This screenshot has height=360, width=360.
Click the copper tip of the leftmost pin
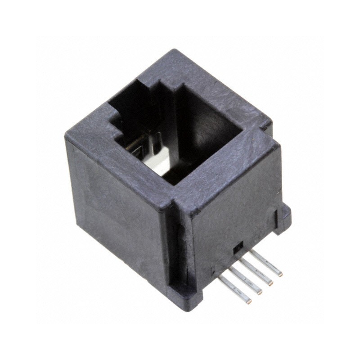249,301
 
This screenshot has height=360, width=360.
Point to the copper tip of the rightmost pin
280,274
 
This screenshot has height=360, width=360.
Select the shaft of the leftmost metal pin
234,288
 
